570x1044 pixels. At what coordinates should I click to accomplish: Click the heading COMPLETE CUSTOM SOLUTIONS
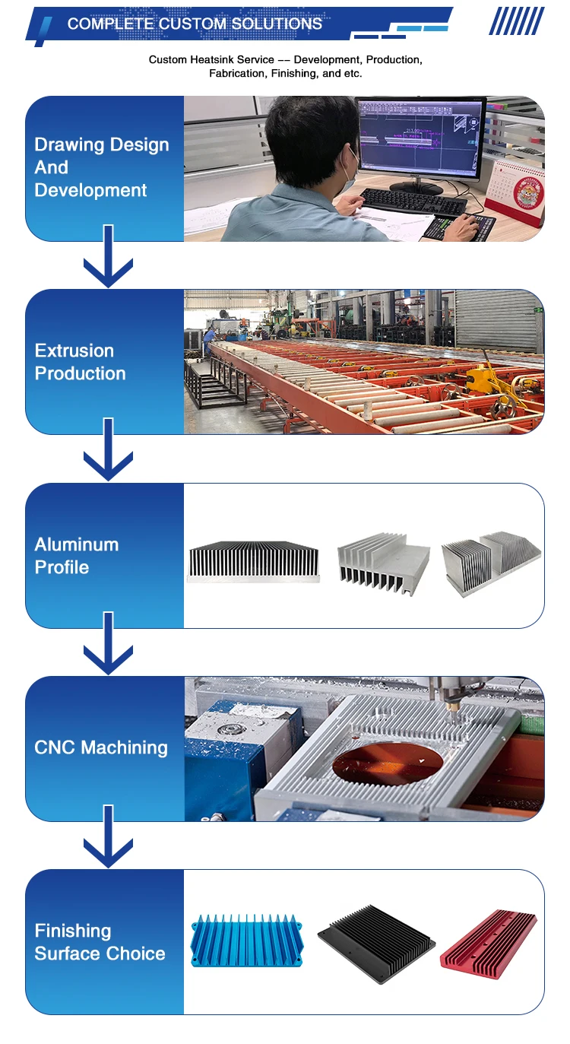(195, 24)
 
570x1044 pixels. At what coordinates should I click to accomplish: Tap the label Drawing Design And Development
(101, 167)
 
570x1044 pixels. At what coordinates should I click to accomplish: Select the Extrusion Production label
(80, 362)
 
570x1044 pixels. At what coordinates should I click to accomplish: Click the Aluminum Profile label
(76, 556)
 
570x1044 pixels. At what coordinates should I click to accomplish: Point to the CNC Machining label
(101, 747)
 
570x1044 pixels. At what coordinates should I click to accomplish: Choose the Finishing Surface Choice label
(100, 942)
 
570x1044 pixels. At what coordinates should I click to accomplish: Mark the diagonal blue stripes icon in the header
(517, 21)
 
